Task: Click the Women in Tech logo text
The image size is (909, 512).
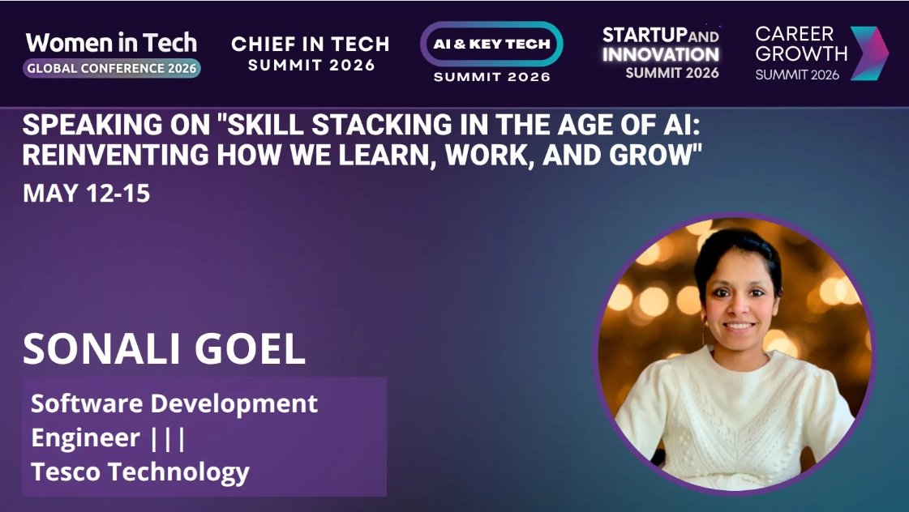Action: [x=111, y=43]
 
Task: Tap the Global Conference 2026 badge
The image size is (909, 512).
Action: [x=112, y=68]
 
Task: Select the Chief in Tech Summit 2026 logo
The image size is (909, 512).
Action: [x=311, y=53]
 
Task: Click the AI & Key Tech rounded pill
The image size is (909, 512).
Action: [x=491, y=44]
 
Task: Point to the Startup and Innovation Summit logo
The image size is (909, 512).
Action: [x=660, y=53]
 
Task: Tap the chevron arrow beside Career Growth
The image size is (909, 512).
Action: [x=869, y=53]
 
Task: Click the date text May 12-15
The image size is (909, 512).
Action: [x=86, y=194]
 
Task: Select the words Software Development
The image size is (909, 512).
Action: [x=174, y=403]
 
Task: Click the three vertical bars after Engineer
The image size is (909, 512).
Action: [x=168, y=437]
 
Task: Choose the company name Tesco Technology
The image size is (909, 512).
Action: [x=140, y=471]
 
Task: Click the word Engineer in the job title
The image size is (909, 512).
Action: [x=85, y=437]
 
